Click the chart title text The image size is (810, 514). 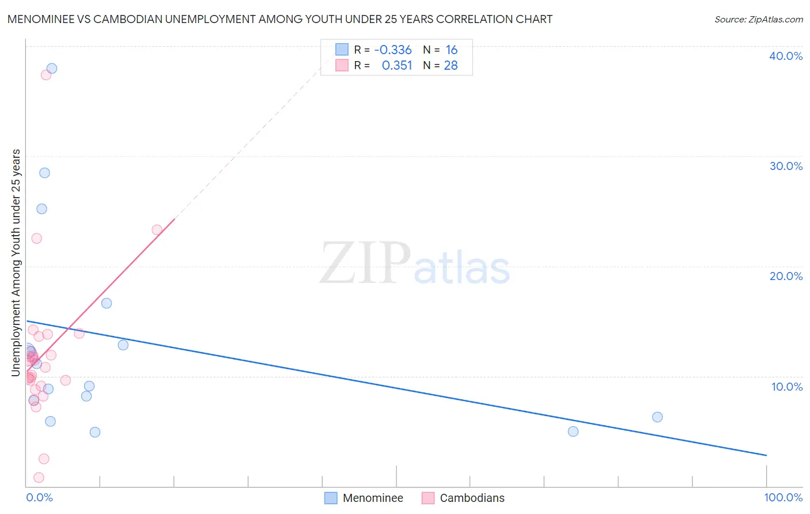[x=279, y=19]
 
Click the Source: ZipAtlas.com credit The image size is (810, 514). [x=758, y=19]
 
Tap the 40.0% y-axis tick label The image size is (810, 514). [x=786, y=56]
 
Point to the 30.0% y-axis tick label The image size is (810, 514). [x=786, y=166]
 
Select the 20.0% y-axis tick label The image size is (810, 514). [x=786, y=276]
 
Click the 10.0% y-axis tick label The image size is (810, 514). [x=787, y=387]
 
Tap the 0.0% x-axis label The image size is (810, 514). [x=39, y=497]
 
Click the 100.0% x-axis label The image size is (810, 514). [x=783, y=497]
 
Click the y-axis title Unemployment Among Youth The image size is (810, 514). [x=16, y=263]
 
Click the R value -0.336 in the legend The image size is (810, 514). [x=393, y=50]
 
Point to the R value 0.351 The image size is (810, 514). [x=397, y=66]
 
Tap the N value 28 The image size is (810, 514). [x=451, y=66]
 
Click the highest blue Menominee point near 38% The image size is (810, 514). [x=52, y=68]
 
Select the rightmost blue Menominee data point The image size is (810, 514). [x=657, y=417]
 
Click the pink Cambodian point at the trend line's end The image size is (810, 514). [x=157, y=230]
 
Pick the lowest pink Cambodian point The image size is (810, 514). [x=39, y=477]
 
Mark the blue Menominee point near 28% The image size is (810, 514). [x=44, y=173]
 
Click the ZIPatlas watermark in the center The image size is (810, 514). [x=415, y=264]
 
